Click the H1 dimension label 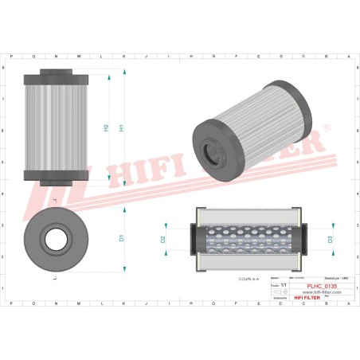click(121, 127)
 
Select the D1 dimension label click(122, 237)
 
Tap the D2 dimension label click(163, 238)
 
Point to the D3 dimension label click(330, 238)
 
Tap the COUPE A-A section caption click(248, 279)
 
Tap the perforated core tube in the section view click(248, 238)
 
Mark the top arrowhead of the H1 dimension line click(127, 71)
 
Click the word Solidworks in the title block click(278, 297)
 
